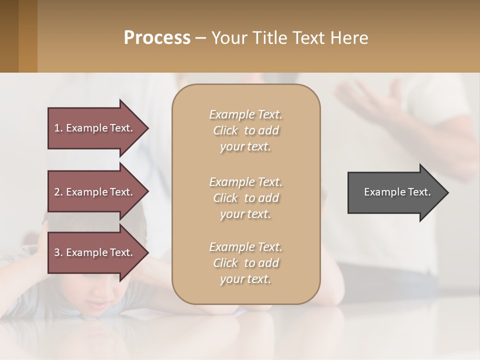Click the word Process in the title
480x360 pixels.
[x=157, y=38]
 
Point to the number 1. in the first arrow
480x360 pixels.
[x=58, y=128]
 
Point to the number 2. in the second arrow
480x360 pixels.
[x=58, y=192]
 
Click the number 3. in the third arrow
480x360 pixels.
[x=58, y=252]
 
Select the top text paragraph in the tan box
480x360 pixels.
[x=246, y=130]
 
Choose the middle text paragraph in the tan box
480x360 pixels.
[x=246, y=198]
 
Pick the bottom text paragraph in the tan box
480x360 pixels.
[x=246, y=263]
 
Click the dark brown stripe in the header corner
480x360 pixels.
[x=9, y=36]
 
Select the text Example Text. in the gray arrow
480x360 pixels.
[x=397, y=192]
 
